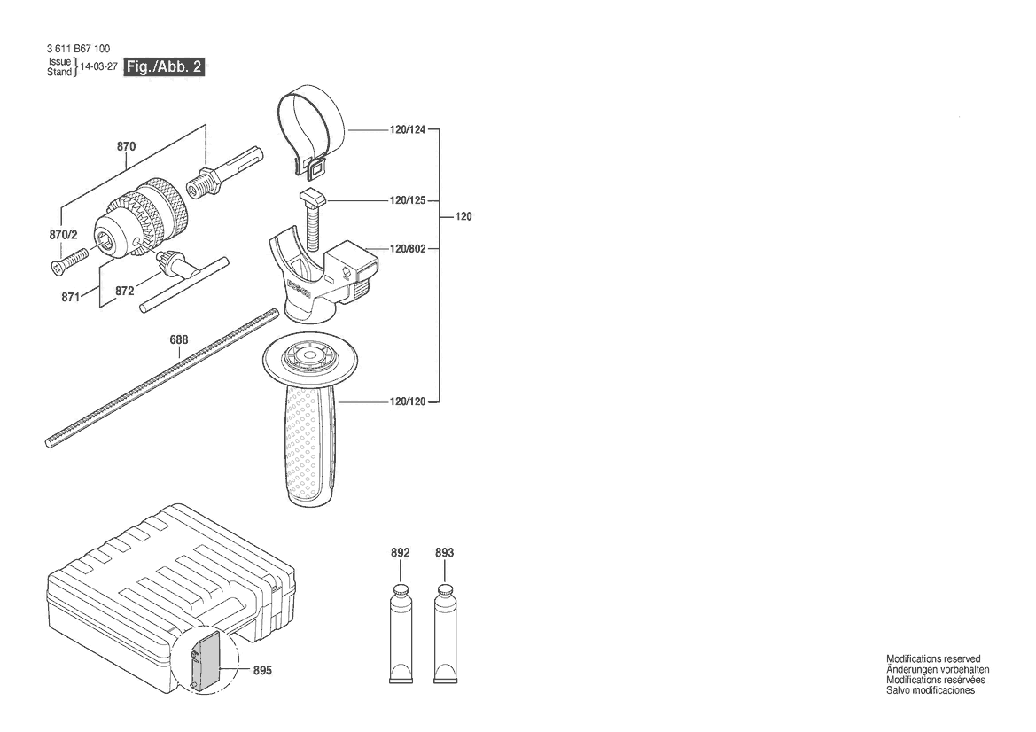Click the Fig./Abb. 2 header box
tap(164, 66)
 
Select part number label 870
tap(126, 146)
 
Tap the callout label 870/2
tap(64, 235)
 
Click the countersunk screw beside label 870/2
tap(69, 258)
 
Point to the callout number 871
tap(71, 297)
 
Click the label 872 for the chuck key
tap(124, 291)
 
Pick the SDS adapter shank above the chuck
tap(226, 172)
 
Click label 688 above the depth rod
tap(179, 339)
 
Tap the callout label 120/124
tap(408, 130)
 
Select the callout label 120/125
tap(408, 200)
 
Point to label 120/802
tap(408, 249)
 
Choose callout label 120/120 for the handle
tap(408, 401)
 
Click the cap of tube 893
tap(445, 589)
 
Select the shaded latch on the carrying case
tap(206, 658)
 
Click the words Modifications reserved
tap(933, 658)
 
